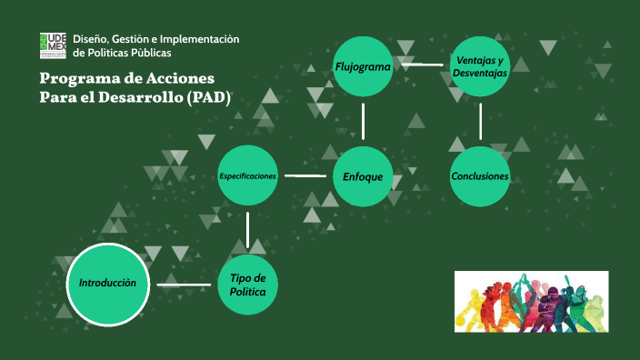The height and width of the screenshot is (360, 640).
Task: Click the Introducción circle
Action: (x=107, y=284)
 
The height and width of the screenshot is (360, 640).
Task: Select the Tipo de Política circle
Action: (x=247, y=284)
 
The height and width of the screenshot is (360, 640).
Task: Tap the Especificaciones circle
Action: (x=247, y=175)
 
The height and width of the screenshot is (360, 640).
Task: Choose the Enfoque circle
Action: (x=363, y=175)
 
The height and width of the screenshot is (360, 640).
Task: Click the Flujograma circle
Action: (x=363, y=66)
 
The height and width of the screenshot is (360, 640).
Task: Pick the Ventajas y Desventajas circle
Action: (x=480, y=66)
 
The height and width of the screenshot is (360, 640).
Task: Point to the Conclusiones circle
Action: (x=480, y=175)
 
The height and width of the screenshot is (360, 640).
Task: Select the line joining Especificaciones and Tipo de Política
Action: (x=247, y=229)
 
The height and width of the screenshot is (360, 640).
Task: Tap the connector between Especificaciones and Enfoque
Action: (x=305, y=175)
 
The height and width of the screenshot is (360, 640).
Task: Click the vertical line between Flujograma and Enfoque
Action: (x=363, y=121)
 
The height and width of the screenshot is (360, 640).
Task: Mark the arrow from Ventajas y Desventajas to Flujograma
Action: (x=422, y=65)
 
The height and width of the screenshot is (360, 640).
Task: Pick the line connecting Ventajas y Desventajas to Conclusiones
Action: (x=480, y=121)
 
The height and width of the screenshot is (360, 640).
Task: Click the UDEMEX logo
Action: (x=53, y=45)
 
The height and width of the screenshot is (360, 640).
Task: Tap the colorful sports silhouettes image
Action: (x=531, y=301)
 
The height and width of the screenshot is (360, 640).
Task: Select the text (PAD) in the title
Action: (x=209, y=96)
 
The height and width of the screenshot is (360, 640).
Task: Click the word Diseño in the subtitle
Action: (x=90, y=37)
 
